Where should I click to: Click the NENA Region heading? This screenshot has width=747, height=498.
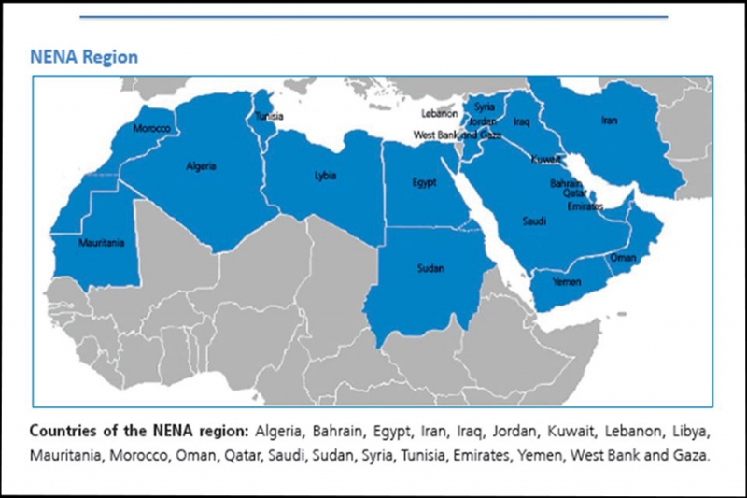pyautogui.click(x=83, y=57)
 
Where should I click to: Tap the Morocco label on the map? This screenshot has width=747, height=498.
pyautogui.click(x=151, y=127)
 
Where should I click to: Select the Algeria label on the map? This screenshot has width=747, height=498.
pyautogui.click(x=201, y=166)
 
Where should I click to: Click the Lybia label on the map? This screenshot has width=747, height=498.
pyautogui.click(x=324, y=176)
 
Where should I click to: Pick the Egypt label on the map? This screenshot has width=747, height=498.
pyautogui.click(x=425, y=182)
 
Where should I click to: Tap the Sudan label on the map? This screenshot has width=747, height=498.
pyautogui.click(x=430, y=269)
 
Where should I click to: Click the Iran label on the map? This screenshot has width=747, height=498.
pyautogui.click(x=609, y=120)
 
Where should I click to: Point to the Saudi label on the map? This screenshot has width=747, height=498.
pyautogui.click(x=535, y=222)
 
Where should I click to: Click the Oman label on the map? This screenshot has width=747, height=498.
pyautogui.click(x=623, y=257)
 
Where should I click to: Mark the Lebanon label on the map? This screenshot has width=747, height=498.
pyautogui.click(x=440, y=113)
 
